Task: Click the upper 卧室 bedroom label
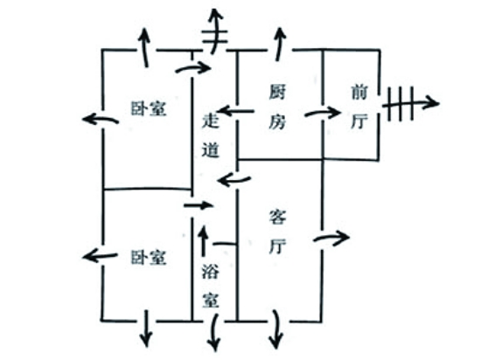coord(149,108)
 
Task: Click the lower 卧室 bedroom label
coord(149,258)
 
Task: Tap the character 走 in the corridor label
coord(211,121)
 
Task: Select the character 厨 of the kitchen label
coord(277,93)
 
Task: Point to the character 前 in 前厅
coord(359,93)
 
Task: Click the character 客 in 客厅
coord(277,217)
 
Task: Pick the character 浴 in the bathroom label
coord(211,271)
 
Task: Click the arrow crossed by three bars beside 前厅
coord(411,104)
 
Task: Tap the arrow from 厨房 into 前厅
coord(323,113)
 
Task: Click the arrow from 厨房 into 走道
coord(235,111)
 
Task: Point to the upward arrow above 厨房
coord(279,44)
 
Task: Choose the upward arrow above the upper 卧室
coord(144,47)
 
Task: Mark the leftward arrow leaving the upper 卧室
coord(101,120)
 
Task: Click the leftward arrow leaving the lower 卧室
coord(100,256)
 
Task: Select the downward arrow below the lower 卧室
coord(146,329)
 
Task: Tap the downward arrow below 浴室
coord(215,332)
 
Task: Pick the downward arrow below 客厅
coord(275,329)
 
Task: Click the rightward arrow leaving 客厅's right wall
coord(331,238)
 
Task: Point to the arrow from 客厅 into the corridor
coord(234,180)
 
